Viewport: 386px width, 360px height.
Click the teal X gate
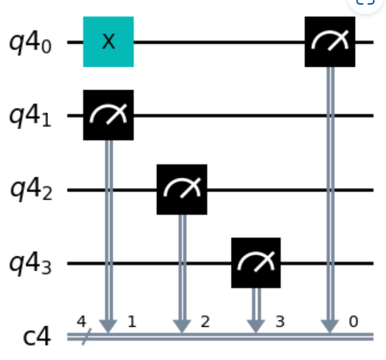(x=108, y=42)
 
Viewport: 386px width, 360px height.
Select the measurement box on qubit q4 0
(x=330, y=42)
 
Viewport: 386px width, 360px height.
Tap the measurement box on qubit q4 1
(x=108, y=115)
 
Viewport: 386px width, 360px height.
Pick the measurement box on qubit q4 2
(x=182, y=189)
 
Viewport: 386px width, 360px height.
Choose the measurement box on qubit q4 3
(x=256, y=263)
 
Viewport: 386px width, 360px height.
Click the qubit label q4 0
(x=31, y=42)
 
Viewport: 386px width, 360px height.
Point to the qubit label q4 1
(x=31, y=116)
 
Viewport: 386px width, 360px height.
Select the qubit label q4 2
(x=31, y=190)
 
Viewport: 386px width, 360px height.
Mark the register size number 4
(x=81, y=322)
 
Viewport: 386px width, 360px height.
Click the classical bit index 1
(x=131, y=322)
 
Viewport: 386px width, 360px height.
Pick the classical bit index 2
(x=205, y=322)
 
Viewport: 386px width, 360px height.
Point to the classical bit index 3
(x=279, y=322)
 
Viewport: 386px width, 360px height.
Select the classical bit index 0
(x=353, y=322)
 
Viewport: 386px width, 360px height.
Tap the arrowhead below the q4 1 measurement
(x=108, y=328)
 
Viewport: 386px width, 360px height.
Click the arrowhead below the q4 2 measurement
(x=182, y=328)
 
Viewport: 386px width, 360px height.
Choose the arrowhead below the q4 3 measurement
(x=256, y=328)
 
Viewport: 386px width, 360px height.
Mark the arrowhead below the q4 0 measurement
(x=330, y=328)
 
